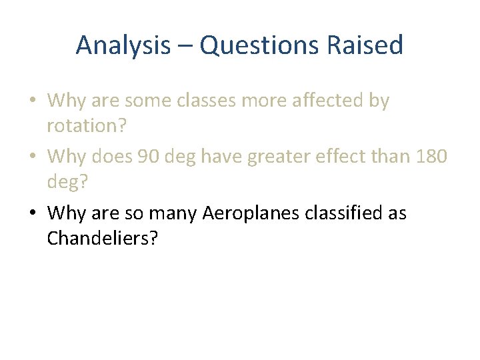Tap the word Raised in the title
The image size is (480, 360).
(x=373, y=46)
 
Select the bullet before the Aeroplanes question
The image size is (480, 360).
(x=33, y=214)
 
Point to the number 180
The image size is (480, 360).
(x=432, y=157)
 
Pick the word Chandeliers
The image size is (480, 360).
(x=102, y=238)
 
